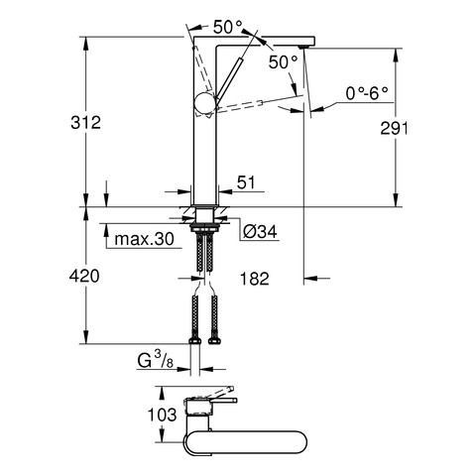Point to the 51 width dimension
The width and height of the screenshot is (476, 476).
click(246, 181)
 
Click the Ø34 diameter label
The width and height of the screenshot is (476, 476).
click(259, 232)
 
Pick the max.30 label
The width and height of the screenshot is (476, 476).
click(141, 239)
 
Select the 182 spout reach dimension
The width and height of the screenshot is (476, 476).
click(256, 279)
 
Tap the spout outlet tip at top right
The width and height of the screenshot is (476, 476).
click(304, 43)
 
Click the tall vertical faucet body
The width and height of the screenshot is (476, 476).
click(205, 149)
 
